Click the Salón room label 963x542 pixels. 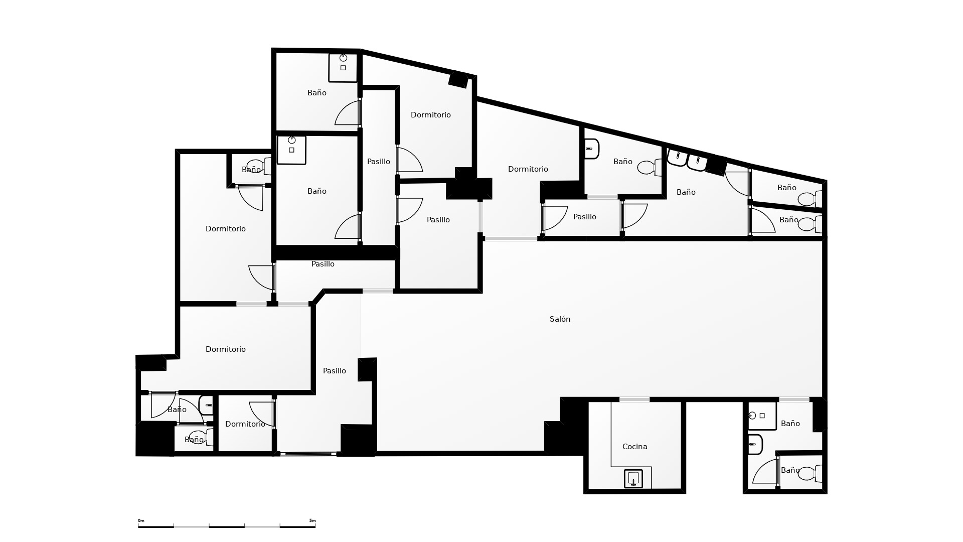coord(560,319)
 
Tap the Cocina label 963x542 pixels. coord(634,447)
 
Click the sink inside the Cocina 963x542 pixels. coord(633,479)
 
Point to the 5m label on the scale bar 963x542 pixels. coord(312,521)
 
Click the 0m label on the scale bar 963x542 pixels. coord(141,521)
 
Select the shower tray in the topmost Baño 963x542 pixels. coord(343,67)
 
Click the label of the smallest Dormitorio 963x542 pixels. coord(245,424)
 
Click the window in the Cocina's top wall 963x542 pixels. coord(634,399)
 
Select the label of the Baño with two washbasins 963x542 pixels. coord(686,192)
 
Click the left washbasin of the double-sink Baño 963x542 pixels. coord(677,157)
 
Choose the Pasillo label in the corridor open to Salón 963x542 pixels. coord(335,371)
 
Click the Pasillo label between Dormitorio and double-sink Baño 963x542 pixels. coord(585,217)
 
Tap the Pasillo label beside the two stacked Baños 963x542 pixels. coord(379,162)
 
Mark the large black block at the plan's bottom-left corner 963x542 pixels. coord(155,439)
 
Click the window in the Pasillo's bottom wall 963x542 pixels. coord(308,454)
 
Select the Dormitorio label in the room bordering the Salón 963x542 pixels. coord(528,169)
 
